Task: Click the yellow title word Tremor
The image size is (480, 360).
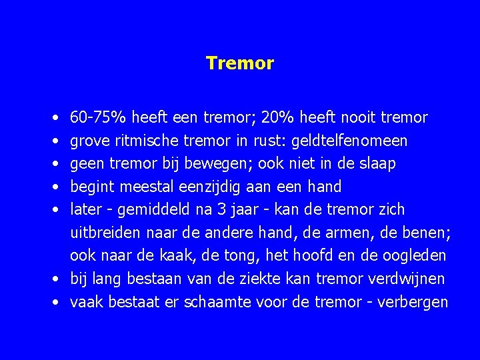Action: pos(240,63)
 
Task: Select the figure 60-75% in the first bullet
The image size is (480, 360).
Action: pos(99,117)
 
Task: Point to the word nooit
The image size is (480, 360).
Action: pos(360,117)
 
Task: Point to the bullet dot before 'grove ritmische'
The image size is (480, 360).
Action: pos(53,141)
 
